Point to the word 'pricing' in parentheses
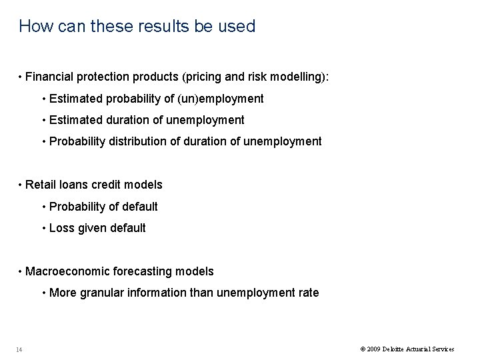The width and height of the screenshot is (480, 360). (192, 78)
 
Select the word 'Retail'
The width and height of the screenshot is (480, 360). (40, 185)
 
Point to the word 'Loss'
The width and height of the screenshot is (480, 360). (61, 228)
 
